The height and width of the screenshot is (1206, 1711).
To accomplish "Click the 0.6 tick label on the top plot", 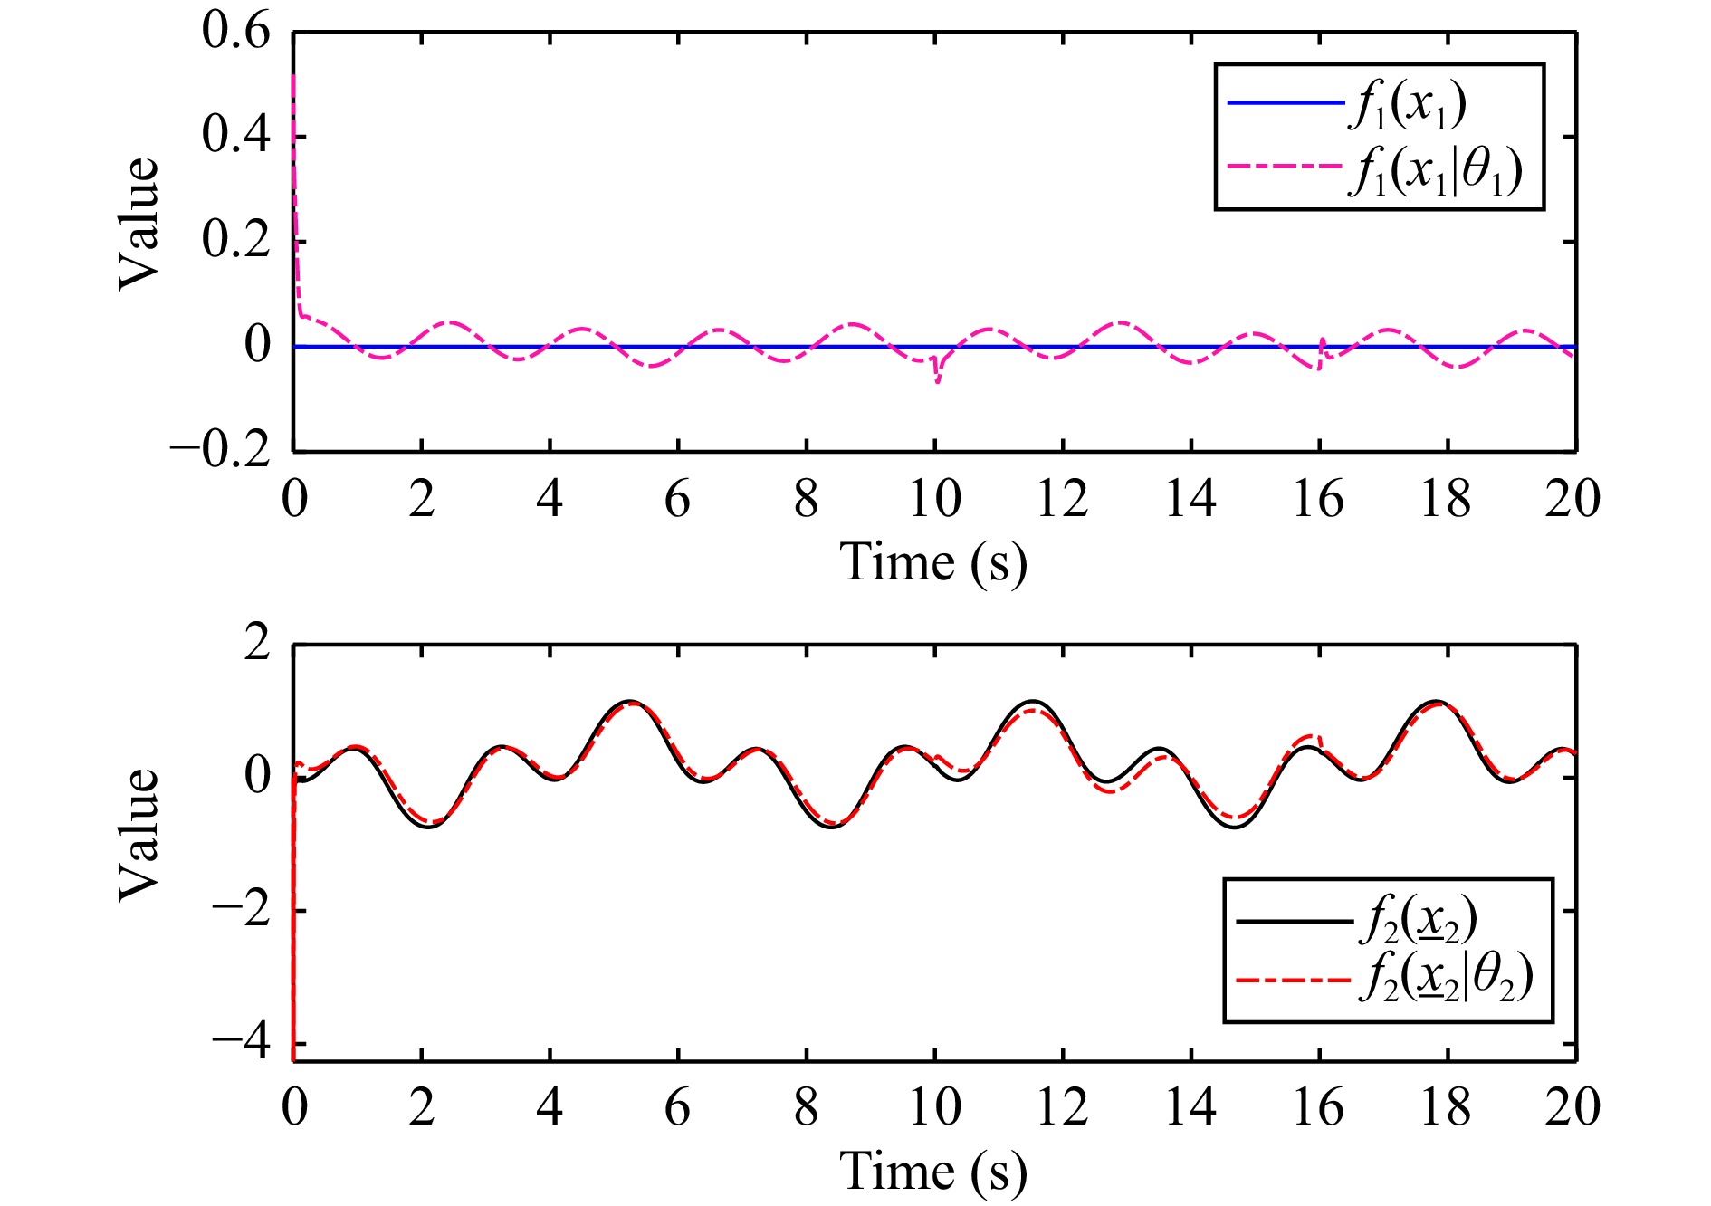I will (x=235, y=33).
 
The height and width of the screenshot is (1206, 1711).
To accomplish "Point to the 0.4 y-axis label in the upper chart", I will (x=235, y=136).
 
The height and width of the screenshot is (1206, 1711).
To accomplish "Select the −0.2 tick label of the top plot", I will (x=220, y=450).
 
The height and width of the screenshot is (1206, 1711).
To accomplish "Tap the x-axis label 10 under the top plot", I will (x=934, y=499).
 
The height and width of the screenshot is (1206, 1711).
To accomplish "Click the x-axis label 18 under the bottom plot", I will (x=1447, y=1107).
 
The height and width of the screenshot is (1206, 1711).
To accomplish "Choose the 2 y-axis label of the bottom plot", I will (x=257, y=645).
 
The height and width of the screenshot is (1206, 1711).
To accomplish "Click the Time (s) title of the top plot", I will (x=933, y=562).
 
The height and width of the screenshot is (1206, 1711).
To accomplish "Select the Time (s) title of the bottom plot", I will (x=933, y=1172).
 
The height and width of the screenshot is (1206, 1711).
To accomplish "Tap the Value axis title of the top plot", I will (x=139, y=225).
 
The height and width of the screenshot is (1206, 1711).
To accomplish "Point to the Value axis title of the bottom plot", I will (x=139, y=835).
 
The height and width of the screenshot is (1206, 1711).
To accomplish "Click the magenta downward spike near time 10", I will (x=938, y=381).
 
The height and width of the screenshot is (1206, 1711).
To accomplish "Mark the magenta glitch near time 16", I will (x=1321, y=355).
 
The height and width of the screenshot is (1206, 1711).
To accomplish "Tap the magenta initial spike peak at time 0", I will (x=293, y=77).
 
